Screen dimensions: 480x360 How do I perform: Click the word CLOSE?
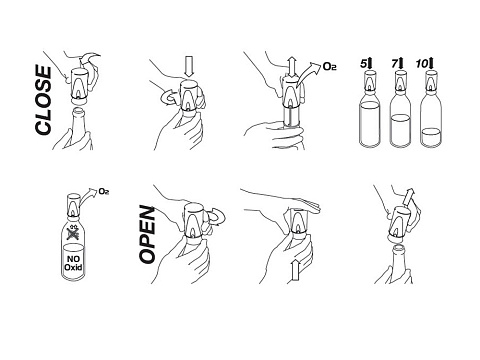[x=43, y=100]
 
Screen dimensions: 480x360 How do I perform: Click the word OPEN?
[x=147, y=235]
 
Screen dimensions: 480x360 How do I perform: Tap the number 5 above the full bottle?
[x=364, y=64]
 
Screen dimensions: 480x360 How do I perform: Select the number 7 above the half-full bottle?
[x=395, y=64]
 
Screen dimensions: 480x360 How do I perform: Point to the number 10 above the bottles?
[x=421, y=64]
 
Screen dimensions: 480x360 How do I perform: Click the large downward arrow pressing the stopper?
[x=189, y=67]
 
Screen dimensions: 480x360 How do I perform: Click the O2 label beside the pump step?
[x=329, y=67]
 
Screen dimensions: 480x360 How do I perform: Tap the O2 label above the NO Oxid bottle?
[x=104, y=191]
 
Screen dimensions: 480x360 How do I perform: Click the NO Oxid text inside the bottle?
[x=73, y=263]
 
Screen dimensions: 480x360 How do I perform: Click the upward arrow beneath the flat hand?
[x=296, y=271]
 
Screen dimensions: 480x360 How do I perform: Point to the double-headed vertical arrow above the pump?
[x=292, y=67]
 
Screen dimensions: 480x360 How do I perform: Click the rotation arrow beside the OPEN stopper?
[x=217, y=217]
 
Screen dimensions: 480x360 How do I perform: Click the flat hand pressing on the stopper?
[x=282, y=200]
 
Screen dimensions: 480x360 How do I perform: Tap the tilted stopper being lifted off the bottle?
[x=399, y=223]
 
